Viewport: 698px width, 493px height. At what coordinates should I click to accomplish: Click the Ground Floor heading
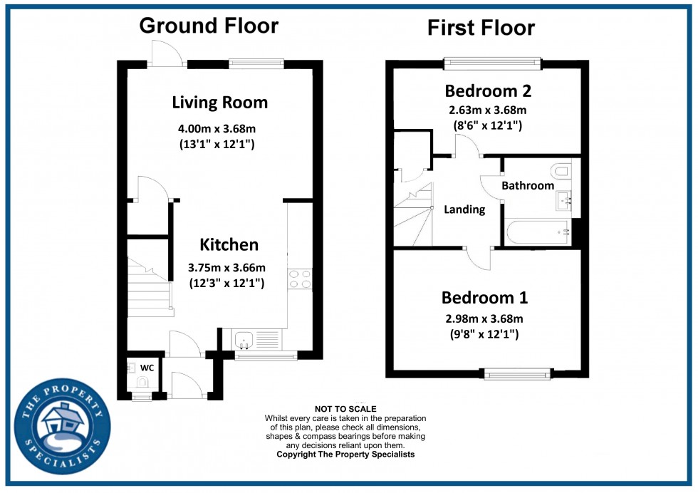[209, 26]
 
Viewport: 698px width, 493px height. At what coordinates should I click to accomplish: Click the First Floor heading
[481, 28]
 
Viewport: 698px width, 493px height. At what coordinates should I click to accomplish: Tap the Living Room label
[220, 103]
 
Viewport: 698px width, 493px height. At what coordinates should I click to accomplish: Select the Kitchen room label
[229, 245]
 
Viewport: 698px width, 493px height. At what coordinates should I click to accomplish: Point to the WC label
[147, 368]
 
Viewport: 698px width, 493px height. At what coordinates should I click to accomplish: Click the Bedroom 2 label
[488, 91]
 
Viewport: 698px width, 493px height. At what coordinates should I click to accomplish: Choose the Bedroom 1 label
[484, 298]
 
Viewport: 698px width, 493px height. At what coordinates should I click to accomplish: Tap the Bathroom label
[527, 186]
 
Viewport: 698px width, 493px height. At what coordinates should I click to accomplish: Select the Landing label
[464, 209]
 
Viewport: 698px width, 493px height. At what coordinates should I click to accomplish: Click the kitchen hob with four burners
[299, 279]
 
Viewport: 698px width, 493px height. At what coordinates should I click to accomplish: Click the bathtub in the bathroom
[538, 232]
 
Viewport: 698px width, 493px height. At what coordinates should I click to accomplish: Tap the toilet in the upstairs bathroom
[560, 171]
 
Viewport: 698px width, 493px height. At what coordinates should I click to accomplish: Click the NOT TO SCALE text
[345, 409]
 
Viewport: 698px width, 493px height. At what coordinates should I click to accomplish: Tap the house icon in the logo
[62, 424]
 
